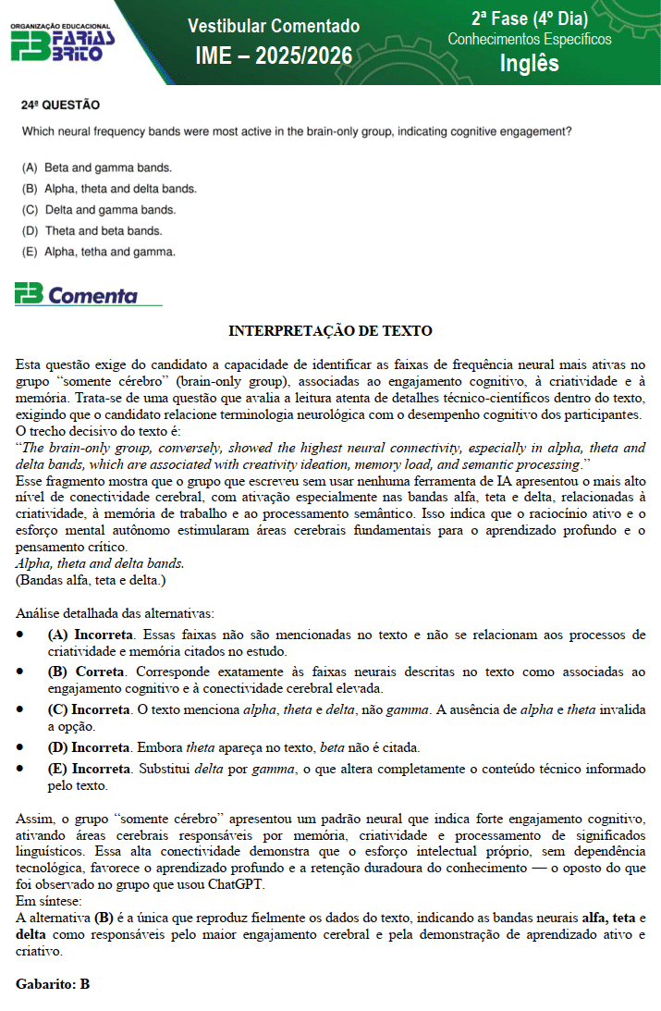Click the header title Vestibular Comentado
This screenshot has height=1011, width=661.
pos(274,26)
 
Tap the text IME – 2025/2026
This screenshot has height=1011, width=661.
pos(274,56)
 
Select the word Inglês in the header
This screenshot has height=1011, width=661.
pos(529,63)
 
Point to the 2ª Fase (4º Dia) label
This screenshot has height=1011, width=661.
pos(530,18)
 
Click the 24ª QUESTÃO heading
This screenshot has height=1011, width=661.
pos(60,105)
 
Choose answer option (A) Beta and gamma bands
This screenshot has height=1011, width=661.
pos(97,168)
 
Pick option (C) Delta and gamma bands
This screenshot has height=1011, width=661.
pos(98,210)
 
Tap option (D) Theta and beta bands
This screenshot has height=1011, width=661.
pos(92,230)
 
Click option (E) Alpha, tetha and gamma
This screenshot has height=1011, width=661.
pos(98,251)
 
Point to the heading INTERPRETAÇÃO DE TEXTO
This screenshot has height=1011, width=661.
pos(330,331)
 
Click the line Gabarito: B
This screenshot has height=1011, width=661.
pos(53,984)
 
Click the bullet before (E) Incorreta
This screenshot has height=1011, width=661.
pos(21,769)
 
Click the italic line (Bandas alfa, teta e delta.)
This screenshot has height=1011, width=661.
pos(91,580)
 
